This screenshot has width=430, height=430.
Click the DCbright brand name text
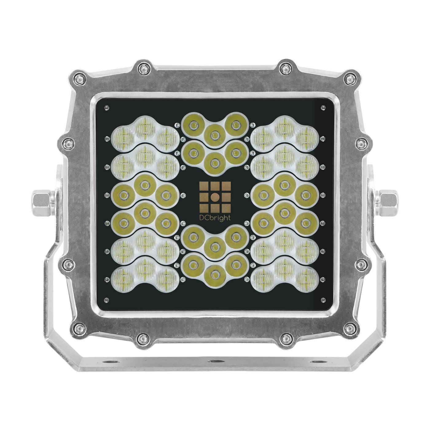coord(215,218)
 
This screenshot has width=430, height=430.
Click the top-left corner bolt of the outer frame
coord(79,79)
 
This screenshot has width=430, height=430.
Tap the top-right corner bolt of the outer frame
coord(350,79)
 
